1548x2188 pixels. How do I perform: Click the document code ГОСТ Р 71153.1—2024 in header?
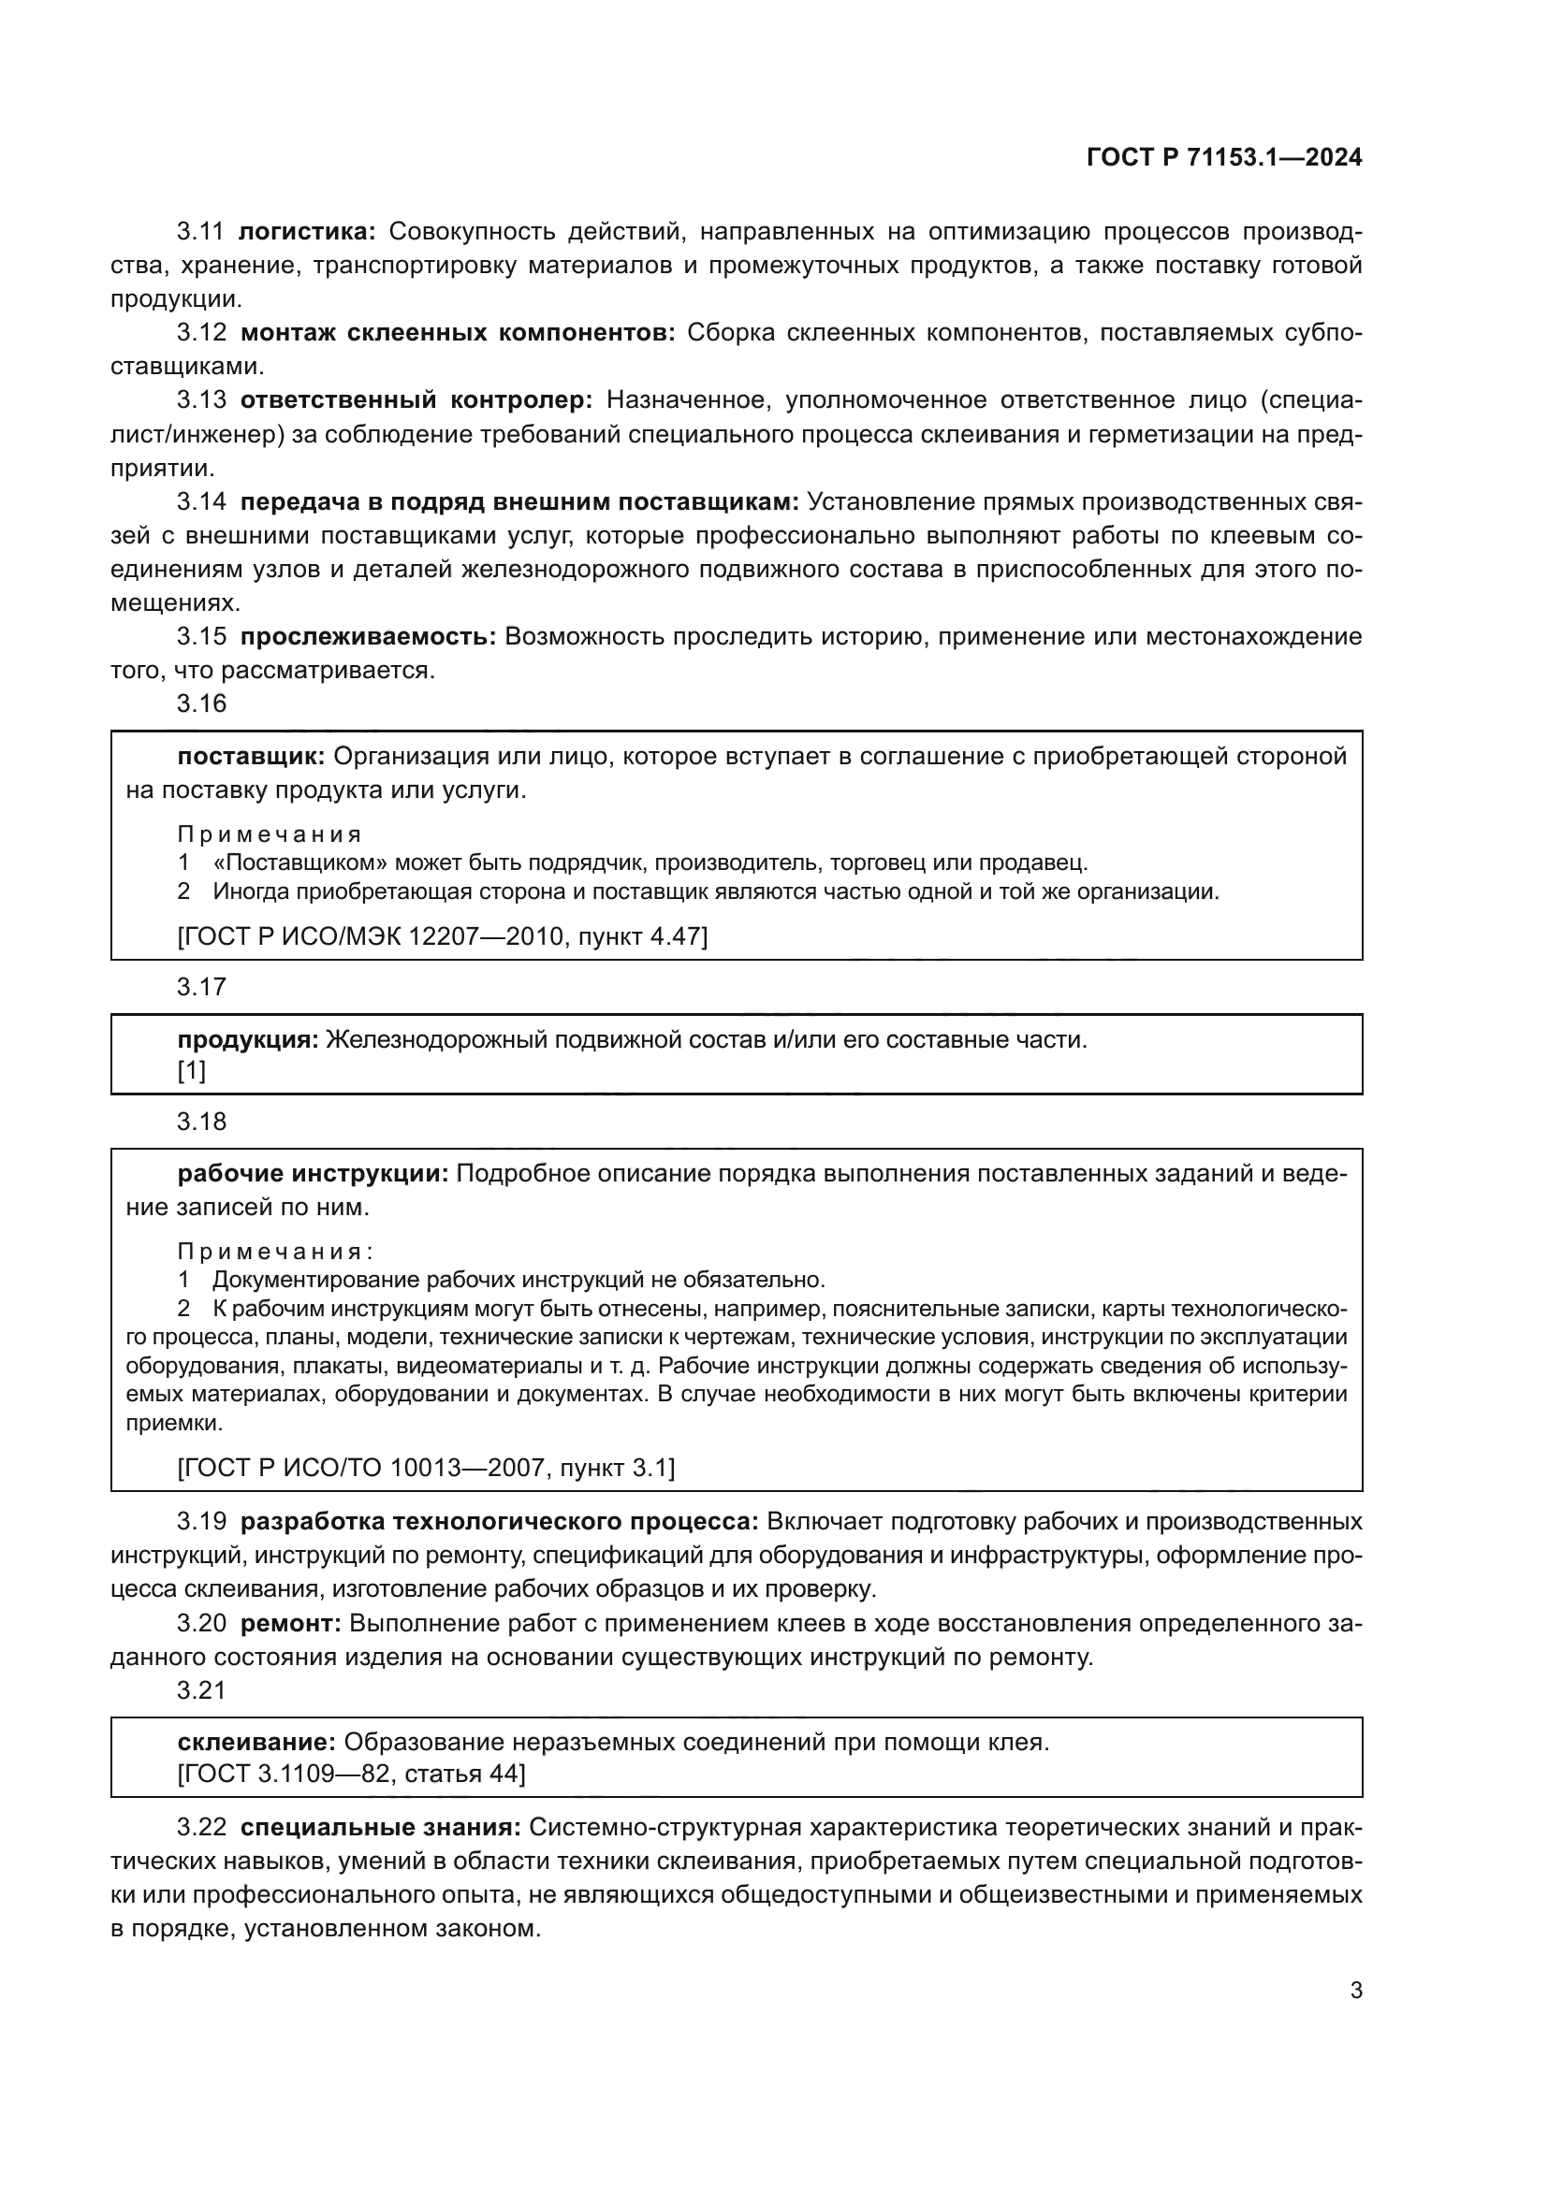point(1224,158)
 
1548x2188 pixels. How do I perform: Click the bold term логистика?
point(307,232)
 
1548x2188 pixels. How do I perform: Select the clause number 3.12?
point(202,333)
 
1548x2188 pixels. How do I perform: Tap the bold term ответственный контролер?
point(416,400)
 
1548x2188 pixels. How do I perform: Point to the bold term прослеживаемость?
point(368,637)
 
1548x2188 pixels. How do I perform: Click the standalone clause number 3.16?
point(202,703)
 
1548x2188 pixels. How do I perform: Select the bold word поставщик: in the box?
point(252,757)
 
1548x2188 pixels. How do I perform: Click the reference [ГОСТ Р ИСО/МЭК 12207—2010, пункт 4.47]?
point(443,936)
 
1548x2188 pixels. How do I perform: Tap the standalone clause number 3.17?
point(202,986)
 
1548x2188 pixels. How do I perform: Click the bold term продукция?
point(248,1039)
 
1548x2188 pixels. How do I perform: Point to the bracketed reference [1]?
point(192,1070)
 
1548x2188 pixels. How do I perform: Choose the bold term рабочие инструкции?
point(313,1174)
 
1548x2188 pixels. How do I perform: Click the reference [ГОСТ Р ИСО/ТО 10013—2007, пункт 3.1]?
point(426,1468)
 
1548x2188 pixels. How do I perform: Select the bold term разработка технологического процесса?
point(500,1522)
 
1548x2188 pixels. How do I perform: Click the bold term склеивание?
point(256,1743)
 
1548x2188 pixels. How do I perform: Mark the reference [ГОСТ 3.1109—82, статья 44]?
point(351,1774)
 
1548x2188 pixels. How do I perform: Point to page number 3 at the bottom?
point(1355,1991)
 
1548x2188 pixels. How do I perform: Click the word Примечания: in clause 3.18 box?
point(274,1252)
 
